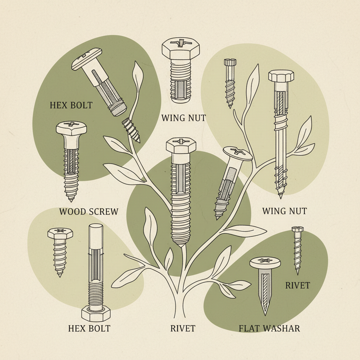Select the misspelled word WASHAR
[x=282, y=329]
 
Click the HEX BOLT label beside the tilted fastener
[x=71, y=105]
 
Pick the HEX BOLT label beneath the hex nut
[x=89, y=329]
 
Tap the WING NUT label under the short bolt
[x=183, y=118]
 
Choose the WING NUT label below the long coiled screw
[x=284, y=211]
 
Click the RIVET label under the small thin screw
[x=297, y=285]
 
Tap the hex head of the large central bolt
[x=181, y=145]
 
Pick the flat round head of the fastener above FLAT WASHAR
[x=265, y=262]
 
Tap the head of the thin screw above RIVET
[x=297, y=230]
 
